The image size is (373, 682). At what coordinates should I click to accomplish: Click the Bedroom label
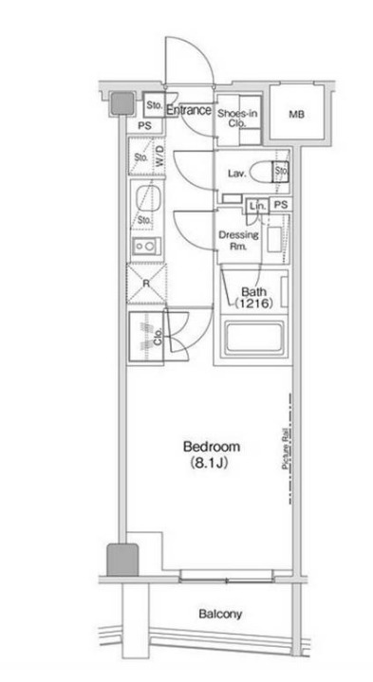tap(211, 447)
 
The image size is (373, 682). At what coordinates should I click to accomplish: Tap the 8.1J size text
tap(210, 463)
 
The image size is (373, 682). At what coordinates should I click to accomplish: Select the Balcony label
tap(220, 614)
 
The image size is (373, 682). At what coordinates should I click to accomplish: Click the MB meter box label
tap(296, 115)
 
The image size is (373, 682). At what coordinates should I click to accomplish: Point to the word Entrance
tap(189, 110)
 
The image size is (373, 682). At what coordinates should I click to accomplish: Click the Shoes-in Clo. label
tap(237, 119)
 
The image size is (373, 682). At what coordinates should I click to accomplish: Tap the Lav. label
tap(237, 174)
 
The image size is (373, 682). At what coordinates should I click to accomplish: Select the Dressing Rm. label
tap(238, 241)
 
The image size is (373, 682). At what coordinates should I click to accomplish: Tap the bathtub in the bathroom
tap(253, 338)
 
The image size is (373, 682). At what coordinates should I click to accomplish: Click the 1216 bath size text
tap(254, 304)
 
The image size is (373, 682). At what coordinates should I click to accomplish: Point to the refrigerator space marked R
tap(146, 284)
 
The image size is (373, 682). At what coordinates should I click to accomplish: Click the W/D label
tap(160, 156)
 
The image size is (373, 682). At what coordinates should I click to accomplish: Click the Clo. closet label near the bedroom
tap(158, 336)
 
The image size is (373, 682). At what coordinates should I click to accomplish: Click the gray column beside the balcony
tap(122, 560)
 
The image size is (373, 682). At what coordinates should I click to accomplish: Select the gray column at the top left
tap(121, 104)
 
